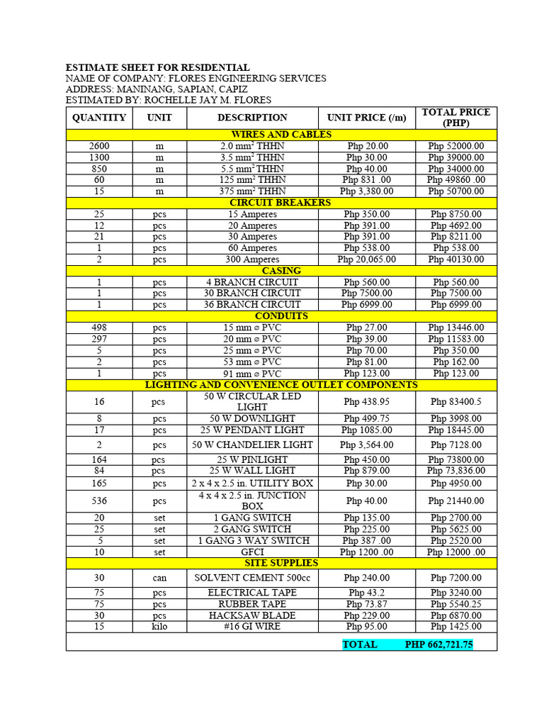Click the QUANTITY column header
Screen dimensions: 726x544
[99, 118]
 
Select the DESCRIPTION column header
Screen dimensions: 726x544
[252, 118]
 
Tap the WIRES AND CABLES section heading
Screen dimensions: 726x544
[281, 135]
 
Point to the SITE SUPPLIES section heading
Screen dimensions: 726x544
[281, 563]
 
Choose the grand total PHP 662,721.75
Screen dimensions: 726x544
[439, 644]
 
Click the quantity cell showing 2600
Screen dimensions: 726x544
[99, 146]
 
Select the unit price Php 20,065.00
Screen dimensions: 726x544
[366, 259]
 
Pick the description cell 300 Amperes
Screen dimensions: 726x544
[252, 259]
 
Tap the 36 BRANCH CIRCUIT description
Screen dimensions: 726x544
[252, 305]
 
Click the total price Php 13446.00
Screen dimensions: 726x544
[456, 328]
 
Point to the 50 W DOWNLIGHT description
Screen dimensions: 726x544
[252, 418]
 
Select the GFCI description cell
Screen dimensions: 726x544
[252, 552]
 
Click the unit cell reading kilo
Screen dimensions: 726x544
[159, 627]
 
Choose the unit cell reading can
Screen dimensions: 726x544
[159, 578]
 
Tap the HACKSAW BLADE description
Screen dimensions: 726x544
[252, 615]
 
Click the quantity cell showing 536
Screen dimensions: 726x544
[99, 501]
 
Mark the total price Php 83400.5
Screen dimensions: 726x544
[456, 401]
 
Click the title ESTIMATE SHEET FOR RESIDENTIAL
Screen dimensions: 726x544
[157, 67]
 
